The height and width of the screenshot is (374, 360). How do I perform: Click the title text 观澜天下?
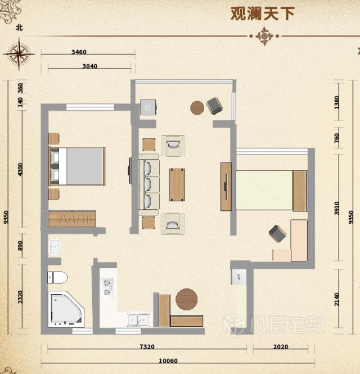[263, 13]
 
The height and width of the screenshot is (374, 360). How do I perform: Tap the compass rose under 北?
[19, 54]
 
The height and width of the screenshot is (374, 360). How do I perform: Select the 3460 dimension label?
[79, 52]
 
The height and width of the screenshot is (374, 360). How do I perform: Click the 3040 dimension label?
[89, 66]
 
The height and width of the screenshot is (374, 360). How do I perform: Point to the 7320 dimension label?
[147, 346]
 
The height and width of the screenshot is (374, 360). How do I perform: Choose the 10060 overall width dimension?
[168, 361]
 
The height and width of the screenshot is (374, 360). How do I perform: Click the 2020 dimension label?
[281, 346]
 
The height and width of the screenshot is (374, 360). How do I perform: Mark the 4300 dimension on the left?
[20, 169]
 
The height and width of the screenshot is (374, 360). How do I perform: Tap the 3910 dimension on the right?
[336, 208]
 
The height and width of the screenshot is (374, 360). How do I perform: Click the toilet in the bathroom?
[57, 277]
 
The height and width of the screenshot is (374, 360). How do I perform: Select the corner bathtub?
[66, 309]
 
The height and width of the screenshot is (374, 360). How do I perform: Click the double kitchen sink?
[138, 320]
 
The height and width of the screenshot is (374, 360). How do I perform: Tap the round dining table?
[186, 299]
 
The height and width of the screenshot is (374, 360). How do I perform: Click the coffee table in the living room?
[177, 184]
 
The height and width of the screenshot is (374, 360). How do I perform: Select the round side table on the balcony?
[197, 108]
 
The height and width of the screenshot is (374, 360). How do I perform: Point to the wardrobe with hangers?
[72, 218]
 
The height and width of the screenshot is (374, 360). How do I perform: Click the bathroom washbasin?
[55, 247]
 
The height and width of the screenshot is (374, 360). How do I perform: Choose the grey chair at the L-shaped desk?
[277, 233]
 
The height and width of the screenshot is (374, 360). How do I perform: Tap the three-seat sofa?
[148, 185]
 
